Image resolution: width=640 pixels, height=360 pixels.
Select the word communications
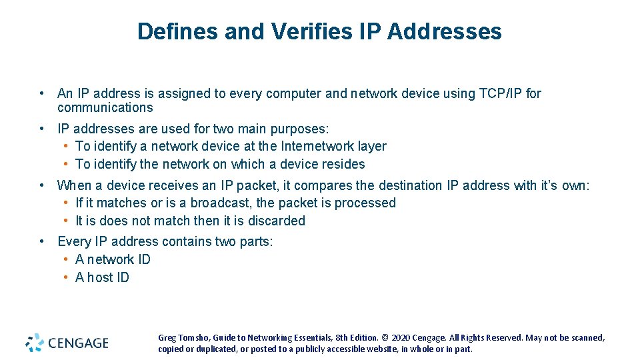[105, 107]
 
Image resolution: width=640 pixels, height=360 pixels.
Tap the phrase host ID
[109, 277]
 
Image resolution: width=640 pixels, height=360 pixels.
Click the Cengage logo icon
[35, 343]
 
